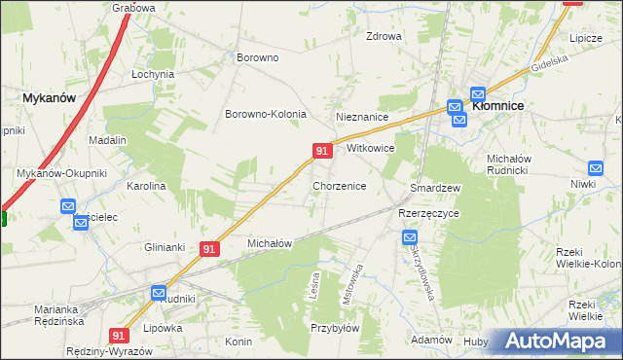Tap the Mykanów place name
50,97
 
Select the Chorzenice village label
339,185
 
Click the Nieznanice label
362,117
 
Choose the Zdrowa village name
384,37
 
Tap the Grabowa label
133,8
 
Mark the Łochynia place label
153,74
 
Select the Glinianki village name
165,247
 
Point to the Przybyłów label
335,328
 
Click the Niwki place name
583,184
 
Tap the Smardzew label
435,187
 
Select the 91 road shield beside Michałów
209,249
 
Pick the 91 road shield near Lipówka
120,335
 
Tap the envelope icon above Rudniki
159,292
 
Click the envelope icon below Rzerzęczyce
410,236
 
